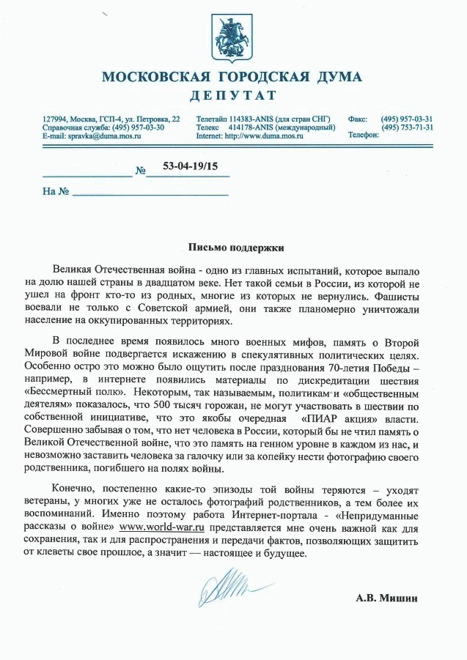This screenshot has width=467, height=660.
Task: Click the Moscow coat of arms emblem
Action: [232, 37]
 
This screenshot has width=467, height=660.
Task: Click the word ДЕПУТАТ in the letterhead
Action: [233, 95]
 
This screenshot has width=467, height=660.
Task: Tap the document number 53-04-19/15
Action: [190, 167]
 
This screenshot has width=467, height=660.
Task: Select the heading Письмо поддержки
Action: [232, 248]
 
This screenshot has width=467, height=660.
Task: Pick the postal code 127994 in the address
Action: [55, 119]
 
